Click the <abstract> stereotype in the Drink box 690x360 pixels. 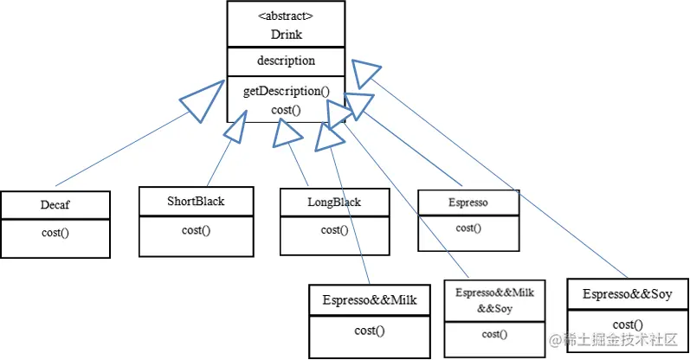tap(286, 15)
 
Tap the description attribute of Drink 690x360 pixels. tap(286, 61)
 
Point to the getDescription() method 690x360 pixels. tap(286, 91)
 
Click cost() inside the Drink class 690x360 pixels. tap(286, 109)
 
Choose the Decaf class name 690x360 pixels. tap(55, 206)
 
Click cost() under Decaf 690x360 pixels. tap(55, 233)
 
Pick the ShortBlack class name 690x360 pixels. tap(196, 201)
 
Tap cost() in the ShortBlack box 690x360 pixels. tap(196, 229)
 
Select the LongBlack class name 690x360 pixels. tap(334, 202)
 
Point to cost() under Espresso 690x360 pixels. tap(468, 228)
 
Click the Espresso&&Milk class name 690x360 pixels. tap(370, 300)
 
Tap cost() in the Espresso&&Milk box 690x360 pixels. tap(370, 330)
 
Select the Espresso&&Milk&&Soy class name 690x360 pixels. tap(495, 300)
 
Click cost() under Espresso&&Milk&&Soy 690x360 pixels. tap(495, 333)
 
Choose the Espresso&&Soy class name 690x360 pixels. tap(628, 295)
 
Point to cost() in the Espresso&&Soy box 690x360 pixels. tap(628, 325)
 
